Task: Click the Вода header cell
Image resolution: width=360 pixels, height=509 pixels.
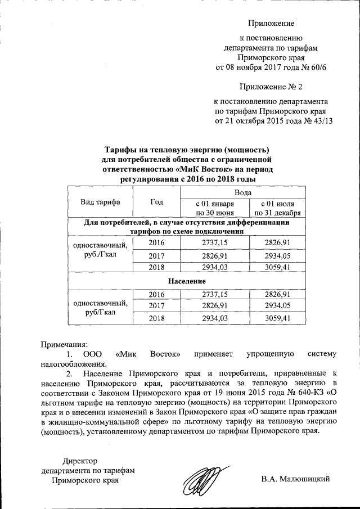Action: [242, 192]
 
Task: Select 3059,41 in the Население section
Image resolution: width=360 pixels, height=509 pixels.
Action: [277, 318]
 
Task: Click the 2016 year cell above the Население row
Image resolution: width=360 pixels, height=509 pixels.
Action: [157, 242]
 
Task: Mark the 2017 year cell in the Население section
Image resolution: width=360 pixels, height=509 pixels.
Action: [157, 305]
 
